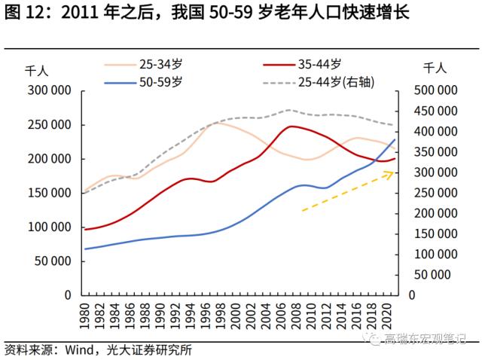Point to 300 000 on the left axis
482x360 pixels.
[x=50, y=90]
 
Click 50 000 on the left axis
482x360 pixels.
[x=53, y=261]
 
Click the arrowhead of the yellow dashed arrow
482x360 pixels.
[x=391, y=173]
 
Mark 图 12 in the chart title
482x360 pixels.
[x=25, y=14]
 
